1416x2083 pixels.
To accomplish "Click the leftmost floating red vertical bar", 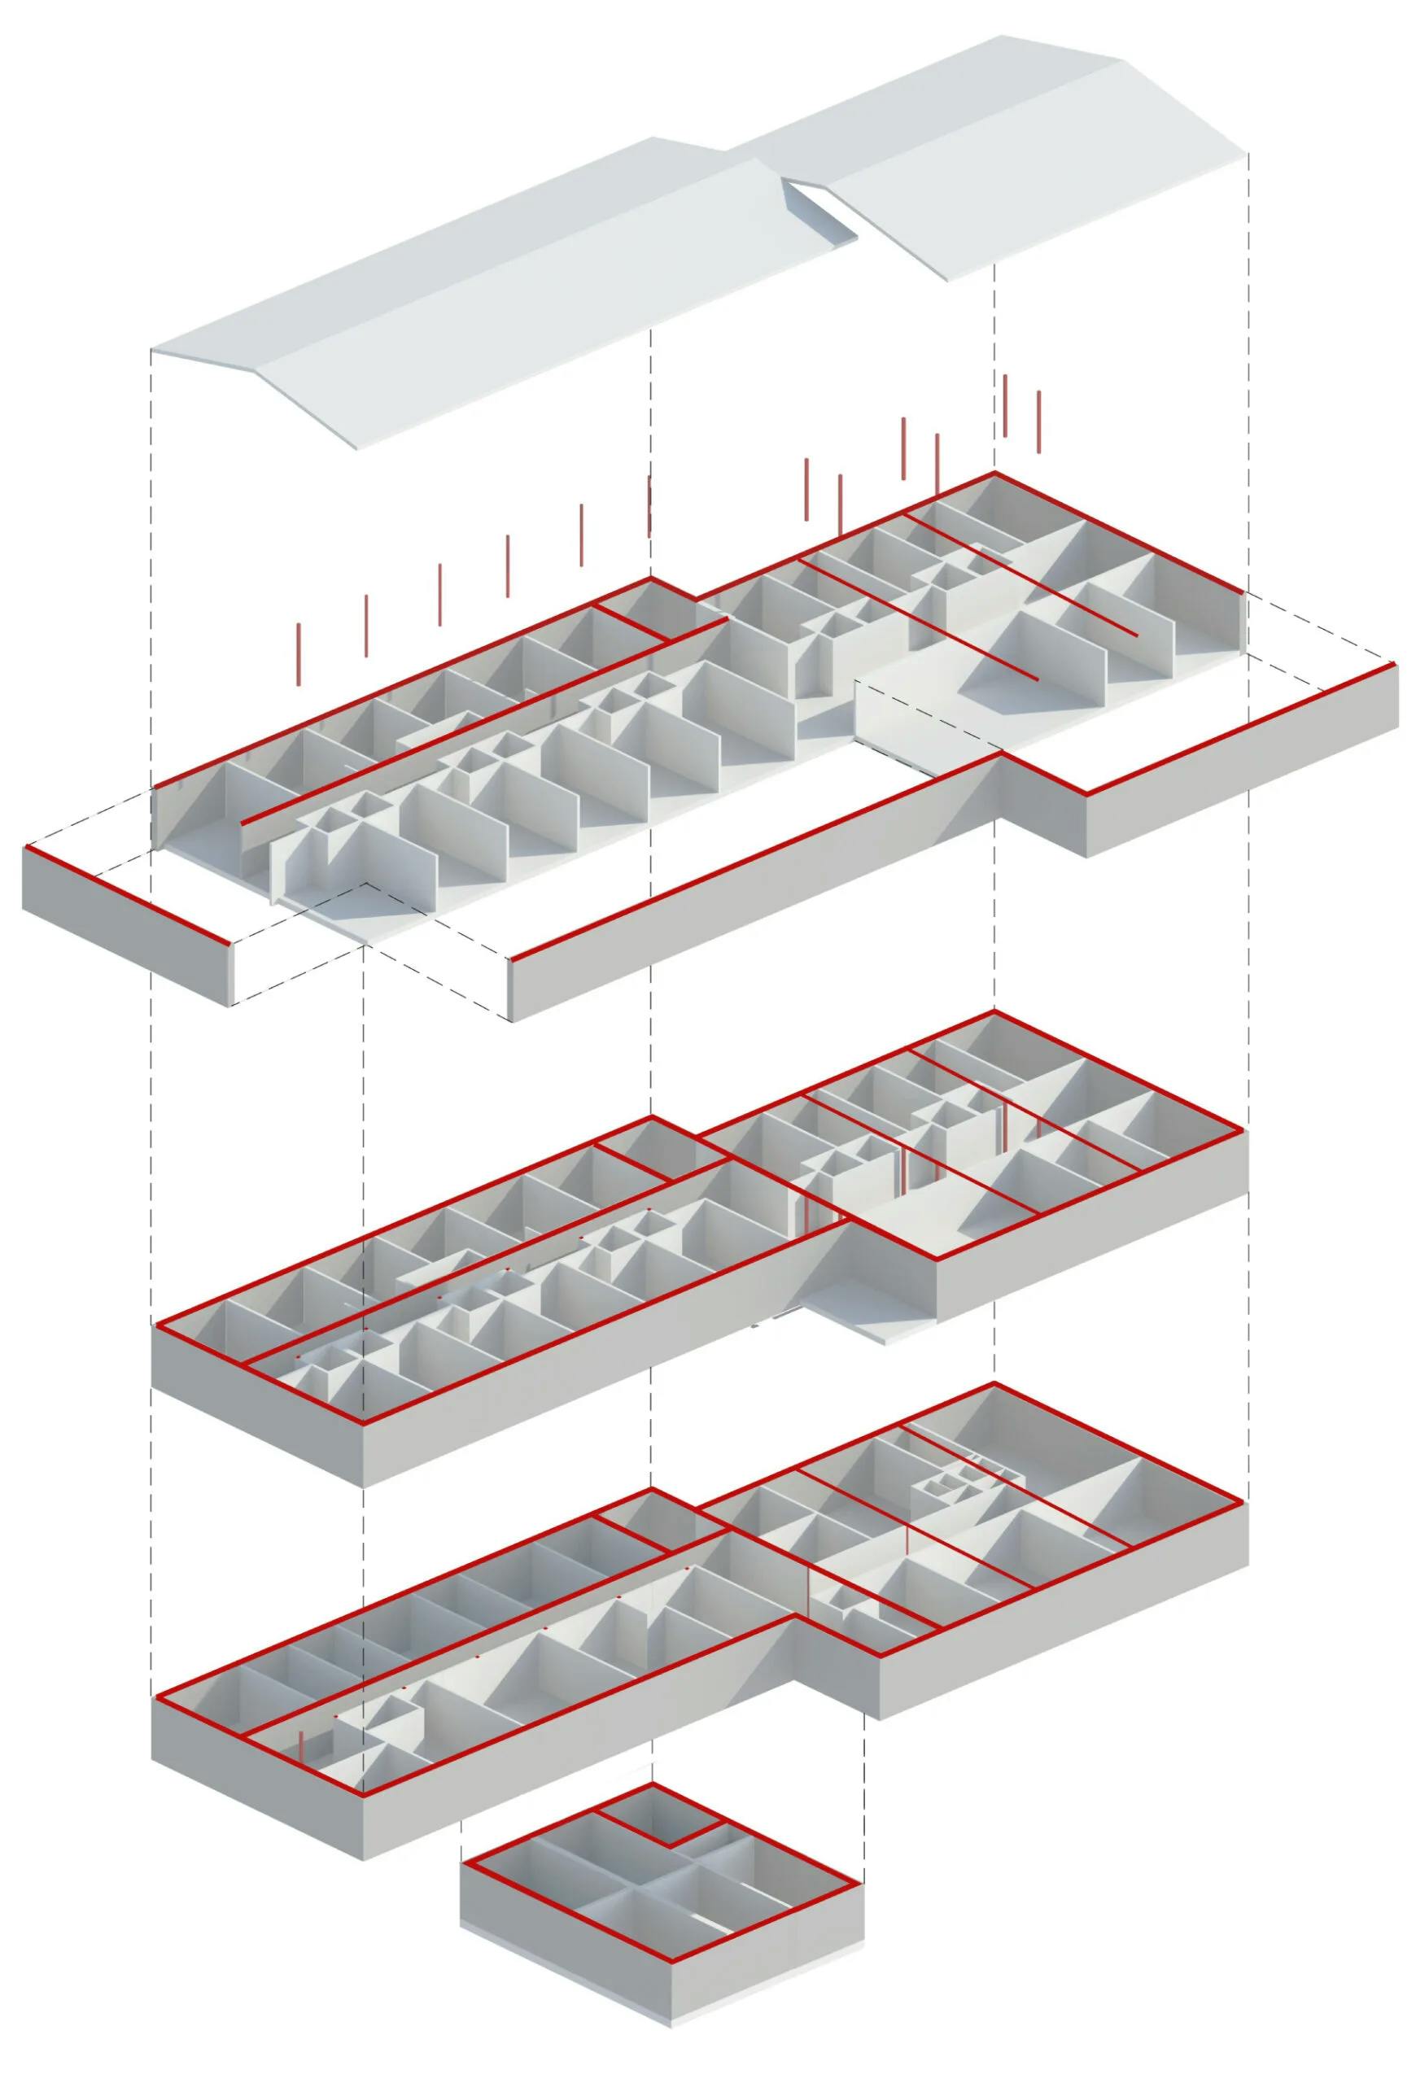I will (299, 653).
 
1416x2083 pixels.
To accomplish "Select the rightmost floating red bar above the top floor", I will (1038, 420).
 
